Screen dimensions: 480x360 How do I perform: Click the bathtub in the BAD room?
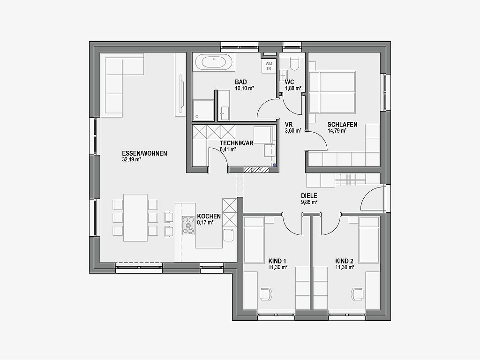coord(214,62)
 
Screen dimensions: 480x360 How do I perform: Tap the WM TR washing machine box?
coord(269,66)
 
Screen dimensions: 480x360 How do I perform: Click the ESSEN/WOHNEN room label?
coord(144,153)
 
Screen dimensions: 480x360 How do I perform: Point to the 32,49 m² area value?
coord(131,159)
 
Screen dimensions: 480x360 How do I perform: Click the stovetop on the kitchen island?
coord(188,225)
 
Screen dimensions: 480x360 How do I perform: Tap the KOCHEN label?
coord(209,216)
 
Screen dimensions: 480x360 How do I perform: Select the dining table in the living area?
coord(135,217)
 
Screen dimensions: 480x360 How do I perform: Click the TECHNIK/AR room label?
coord(237,143)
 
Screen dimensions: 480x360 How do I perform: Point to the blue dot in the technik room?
coord(275,165)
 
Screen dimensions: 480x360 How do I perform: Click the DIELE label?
coord(309,196)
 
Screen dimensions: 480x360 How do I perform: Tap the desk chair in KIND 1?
coord(265,294)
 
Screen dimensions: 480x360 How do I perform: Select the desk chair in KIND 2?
coord(357,294)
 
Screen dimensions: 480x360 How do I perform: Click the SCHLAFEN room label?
coord(342,125)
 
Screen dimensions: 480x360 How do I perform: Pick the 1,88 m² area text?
coord(293,88)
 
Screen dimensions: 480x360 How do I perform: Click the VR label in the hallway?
coord(289,125)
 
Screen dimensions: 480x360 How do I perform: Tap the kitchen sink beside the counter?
coord(229,235)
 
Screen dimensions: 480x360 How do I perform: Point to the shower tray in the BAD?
coord(203,110)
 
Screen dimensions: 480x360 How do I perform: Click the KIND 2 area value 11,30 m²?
coord(345,267)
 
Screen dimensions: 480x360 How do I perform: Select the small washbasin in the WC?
coord(284,75)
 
